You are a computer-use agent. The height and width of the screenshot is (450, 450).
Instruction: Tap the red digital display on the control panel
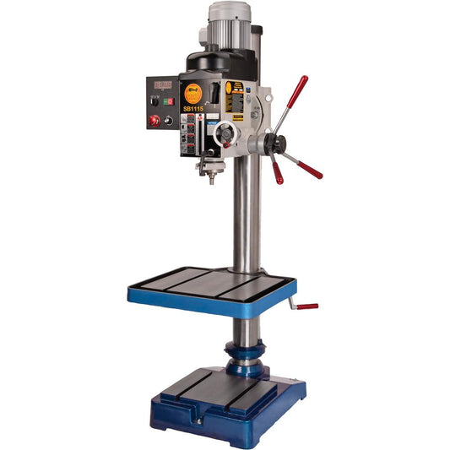point(162,86)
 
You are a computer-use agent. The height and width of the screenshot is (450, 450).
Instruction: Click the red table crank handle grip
point(308,306)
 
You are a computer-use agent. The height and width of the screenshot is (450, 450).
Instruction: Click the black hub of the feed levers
point(273,144)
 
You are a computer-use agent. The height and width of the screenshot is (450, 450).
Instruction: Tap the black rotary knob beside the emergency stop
point(169,121)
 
